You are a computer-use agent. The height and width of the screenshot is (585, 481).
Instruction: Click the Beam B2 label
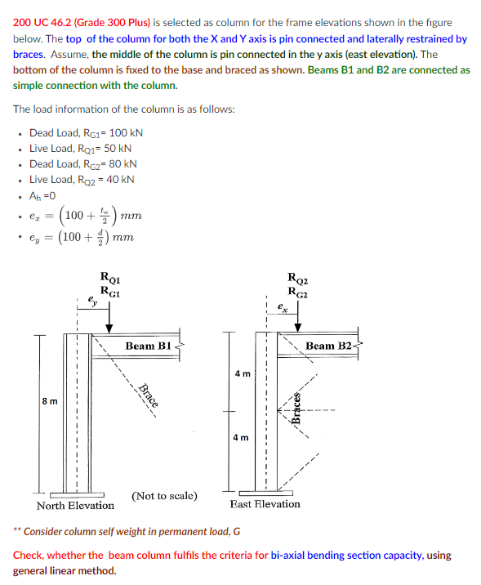pos(329,346)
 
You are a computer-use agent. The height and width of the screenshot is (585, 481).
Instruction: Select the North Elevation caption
pos(75,506)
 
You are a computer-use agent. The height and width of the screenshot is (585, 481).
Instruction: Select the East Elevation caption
pos(265,504)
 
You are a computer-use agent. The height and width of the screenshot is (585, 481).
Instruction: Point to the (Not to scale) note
pos(163,496)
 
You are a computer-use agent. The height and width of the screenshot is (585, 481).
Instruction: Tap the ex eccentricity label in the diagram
pos(280,307)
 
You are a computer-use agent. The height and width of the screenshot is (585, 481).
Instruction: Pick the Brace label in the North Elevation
pos(148,395)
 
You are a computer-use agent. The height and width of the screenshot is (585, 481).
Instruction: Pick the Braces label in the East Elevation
pos(298,405)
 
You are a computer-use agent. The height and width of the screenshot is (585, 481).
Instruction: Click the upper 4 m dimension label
pos(242,373)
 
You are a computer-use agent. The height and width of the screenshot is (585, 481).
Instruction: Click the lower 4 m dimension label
pos(242,438)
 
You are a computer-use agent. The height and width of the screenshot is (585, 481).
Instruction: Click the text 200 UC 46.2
pos(46,23)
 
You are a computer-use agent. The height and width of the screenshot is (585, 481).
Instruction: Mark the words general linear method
pos(65,570)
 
